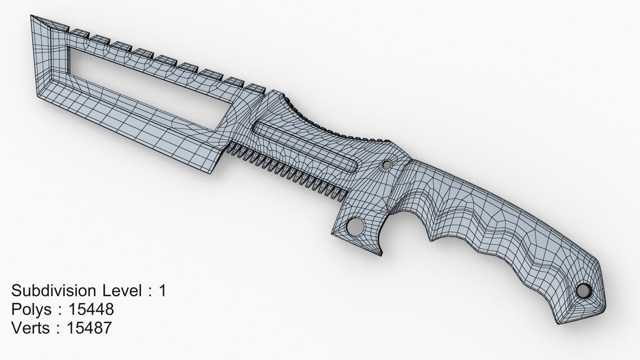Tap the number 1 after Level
[x=162, y=291]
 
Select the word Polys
[x=32, y=310]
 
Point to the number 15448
[x=91, y=310]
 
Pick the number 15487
[x=89, y=328]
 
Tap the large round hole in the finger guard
[x=354, y=227]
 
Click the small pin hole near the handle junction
[x=387, y=164]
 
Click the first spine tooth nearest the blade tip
[x=78, y=32]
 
